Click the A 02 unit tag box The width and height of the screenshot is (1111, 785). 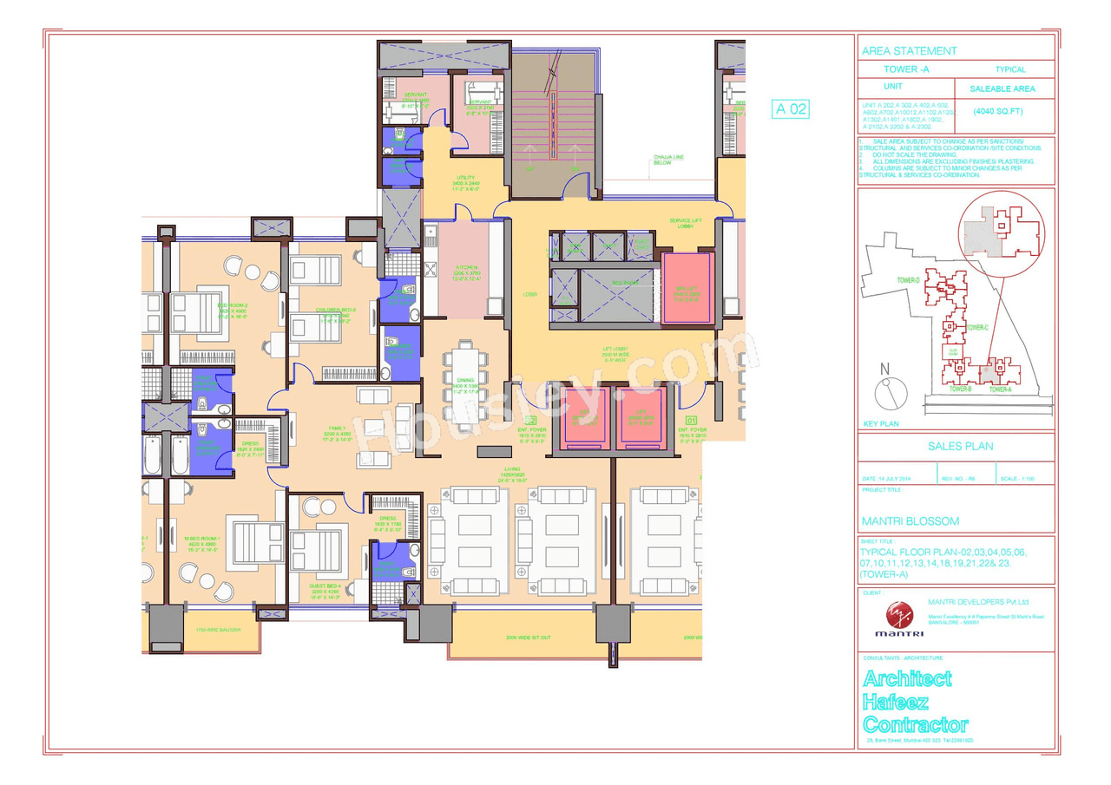pos(791,109)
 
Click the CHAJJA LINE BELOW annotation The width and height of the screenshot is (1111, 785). pos(668,160)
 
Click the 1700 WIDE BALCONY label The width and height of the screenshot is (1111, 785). pos(216,630)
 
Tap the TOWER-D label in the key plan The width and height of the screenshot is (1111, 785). pos(908,280)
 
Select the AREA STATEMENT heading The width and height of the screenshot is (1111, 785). pos(909,51)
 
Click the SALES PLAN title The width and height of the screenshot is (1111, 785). pos(955,447)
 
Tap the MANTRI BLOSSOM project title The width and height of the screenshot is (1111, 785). pos(910,521)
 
